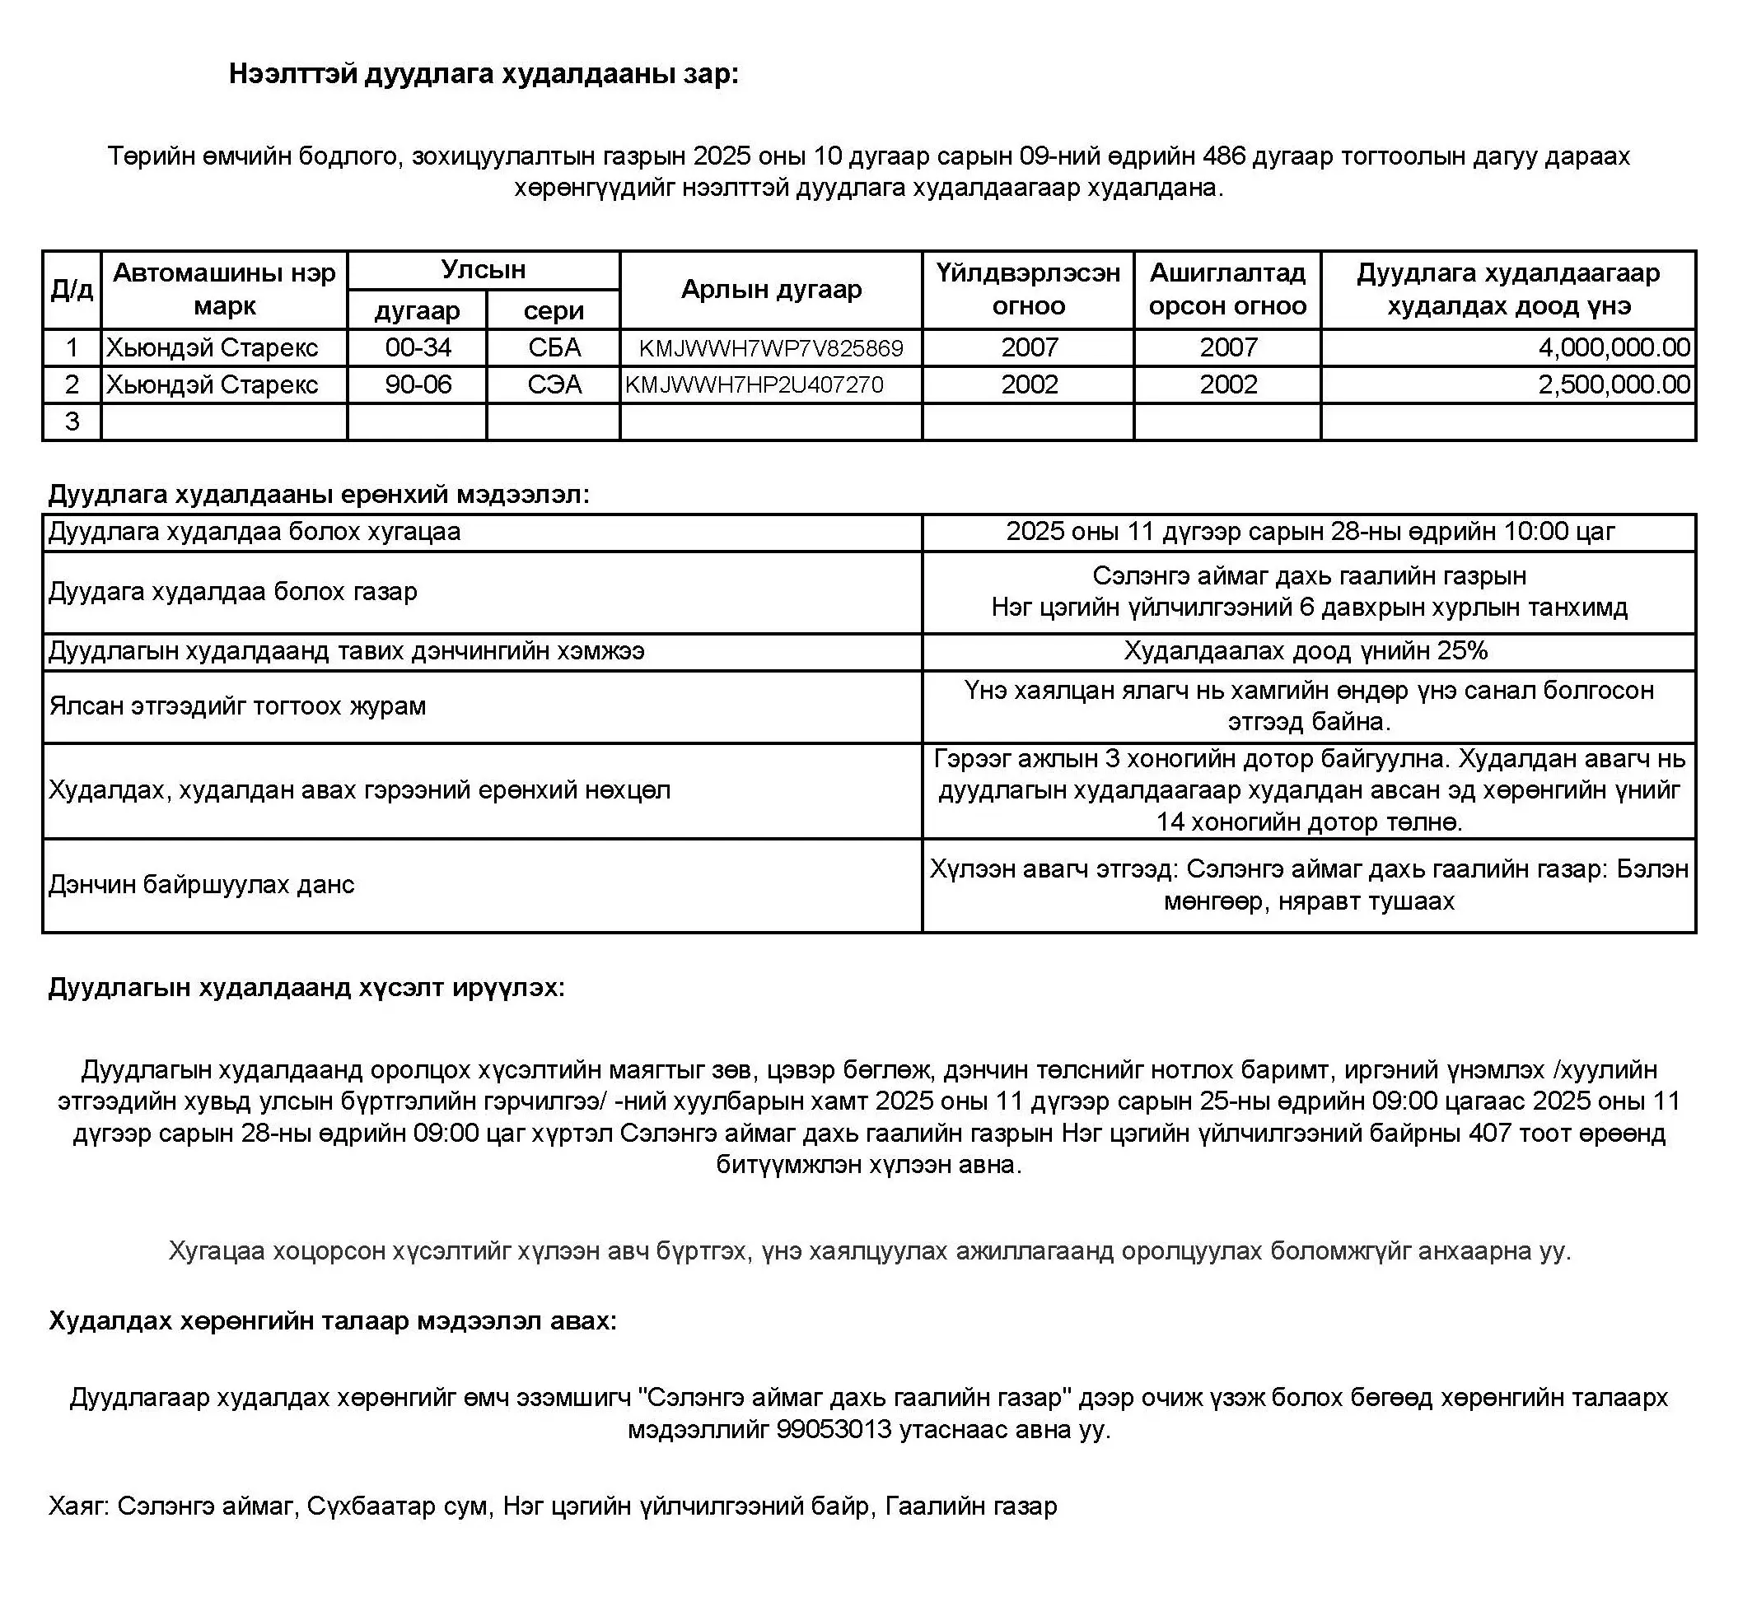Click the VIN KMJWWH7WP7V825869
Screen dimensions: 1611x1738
[x=770, y=349]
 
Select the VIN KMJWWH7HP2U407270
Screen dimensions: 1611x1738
[x=754, y=385]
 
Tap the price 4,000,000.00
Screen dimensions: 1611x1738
[x=1614, y=348]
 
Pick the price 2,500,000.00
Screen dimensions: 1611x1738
[x=1614, y=385]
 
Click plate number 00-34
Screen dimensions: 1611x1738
[x=418, y=348]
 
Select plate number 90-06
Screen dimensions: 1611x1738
[x=418, y=385]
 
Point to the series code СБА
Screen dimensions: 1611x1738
[x=554, y=348]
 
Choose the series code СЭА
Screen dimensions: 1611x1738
[x=554, y=385]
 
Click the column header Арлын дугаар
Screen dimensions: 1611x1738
[x=771, y=290]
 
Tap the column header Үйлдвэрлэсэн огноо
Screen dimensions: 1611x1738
[x=1028, y=290]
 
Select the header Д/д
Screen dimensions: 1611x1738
[x=72, y=290]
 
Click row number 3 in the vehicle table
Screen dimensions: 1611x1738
[x=72, y=422]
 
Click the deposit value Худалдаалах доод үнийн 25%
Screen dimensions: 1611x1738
[x=1306, y=651]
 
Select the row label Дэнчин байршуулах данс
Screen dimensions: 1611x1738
[x=202, y=885]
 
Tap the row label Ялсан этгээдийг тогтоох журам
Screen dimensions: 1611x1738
[x=237, y=705]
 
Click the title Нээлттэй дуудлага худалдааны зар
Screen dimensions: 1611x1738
[x=484, y=74]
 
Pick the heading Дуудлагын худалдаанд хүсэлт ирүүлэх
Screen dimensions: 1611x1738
[x=306, y=988]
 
